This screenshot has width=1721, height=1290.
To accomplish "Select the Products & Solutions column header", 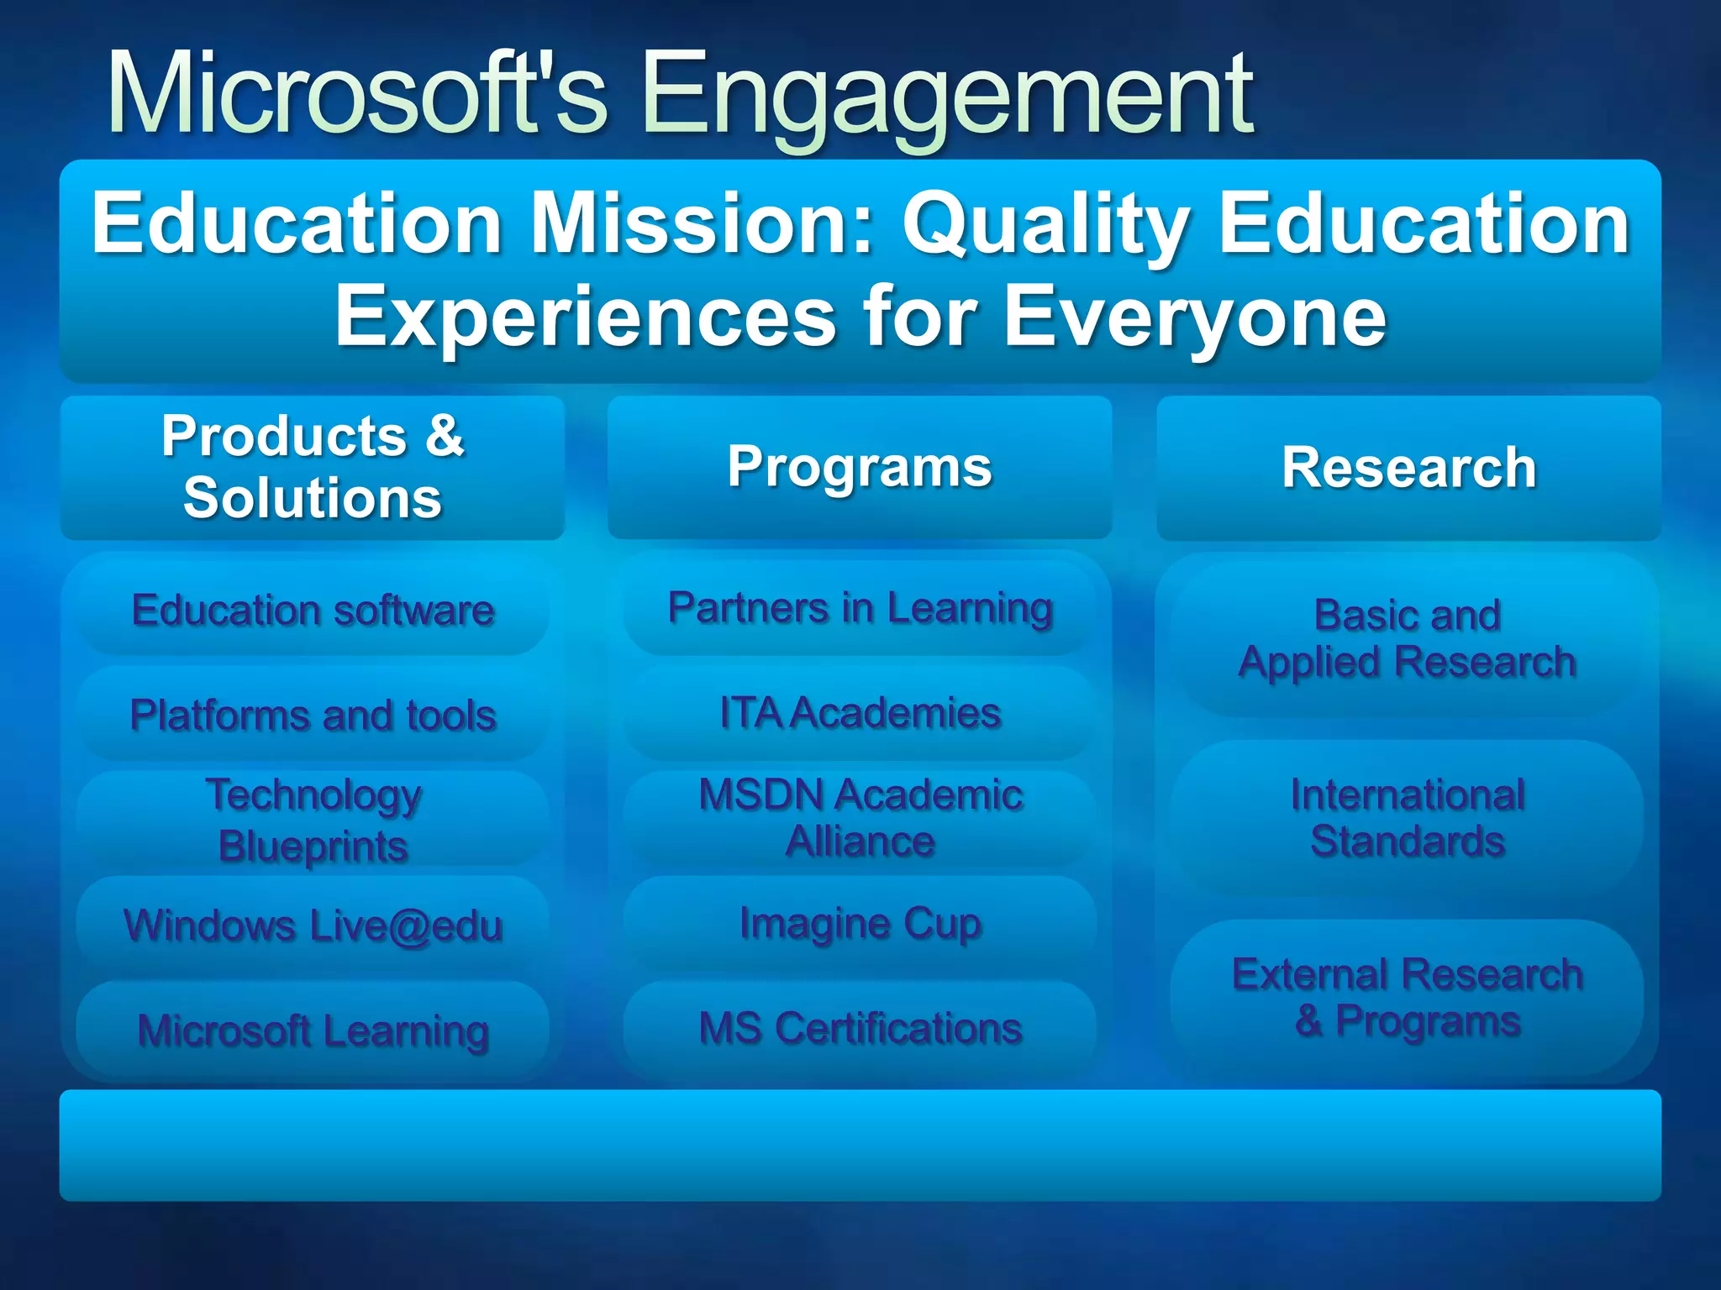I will [313, 468].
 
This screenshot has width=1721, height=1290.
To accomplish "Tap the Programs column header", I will [860, 467].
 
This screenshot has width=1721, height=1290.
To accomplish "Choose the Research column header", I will [1408, 468].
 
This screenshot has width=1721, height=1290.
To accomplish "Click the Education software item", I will [313, 610].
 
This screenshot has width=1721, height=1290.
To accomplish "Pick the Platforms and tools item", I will [313, 716].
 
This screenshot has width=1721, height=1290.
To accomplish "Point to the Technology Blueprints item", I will [313, 820].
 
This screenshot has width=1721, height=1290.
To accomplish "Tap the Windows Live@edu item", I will [313, 926].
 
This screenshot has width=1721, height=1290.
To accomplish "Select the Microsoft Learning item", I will [313, 1030].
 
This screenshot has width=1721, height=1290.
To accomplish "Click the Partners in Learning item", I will [860, 608].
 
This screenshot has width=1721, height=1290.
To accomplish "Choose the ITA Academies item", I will [860, 713].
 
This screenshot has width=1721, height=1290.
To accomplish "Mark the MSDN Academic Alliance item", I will [860, 818].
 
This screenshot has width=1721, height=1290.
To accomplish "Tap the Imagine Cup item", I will [860, 924].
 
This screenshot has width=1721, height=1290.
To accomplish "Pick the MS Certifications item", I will [860, 1028].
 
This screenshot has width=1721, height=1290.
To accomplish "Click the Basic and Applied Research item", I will [1408, 638].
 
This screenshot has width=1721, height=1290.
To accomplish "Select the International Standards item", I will [1408, 818].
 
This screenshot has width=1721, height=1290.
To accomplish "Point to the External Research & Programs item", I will [1408, 998].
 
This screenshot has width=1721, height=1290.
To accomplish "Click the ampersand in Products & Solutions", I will [445, 436].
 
